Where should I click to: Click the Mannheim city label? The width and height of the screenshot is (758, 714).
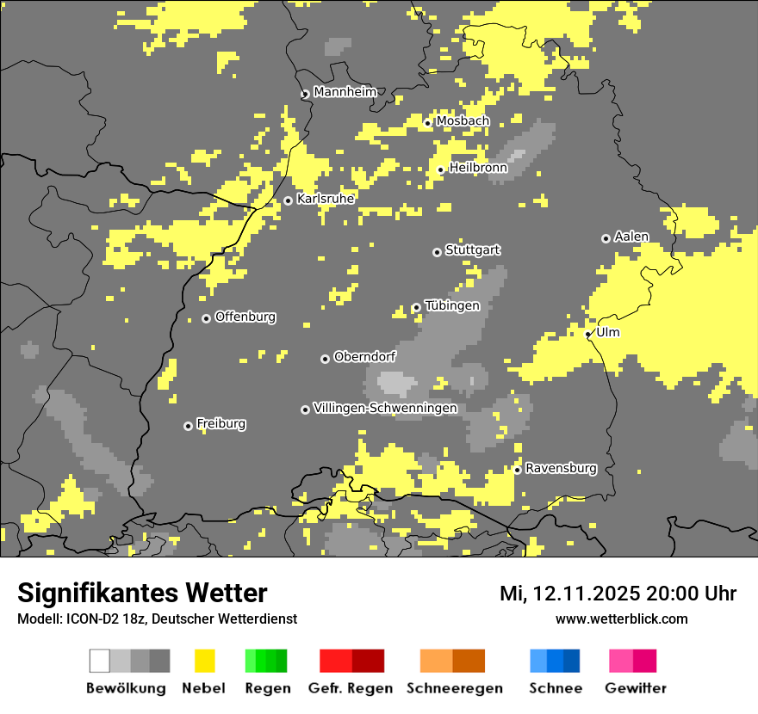[345, 92]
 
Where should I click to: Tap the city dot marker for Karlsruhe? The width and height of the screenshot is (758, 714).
[288, 200]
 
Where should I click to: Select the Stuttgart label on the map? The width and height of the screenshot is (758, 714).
[473, 250]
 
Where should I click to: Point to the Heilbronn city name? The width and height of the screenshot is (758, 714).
[478, 168]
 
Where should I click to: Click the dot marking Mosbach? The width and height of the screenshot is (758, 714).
[427, 123]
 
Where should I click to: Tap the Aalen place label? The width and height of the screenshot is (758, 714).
[631, 237]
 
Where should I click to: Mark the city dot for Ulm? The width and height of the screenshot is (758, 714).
[588, 334]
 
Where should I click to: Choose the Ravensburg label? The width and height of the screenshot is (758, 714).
[561, 469]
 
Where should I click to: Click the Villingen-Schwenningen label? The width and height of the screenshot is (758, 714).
[385, 408]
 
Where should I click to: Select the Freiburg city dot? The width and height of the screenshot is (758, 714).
[188, 426]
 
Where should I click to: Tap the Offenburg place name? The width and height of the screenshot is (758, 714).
[245, 317]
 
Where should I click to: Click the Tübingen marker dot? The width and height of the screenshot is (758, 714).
[416, 307]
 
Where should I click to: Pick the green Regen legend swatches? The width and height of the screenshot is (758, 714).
[266, 661]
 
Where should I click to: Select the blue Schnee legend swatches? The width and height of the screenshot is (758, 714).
[555, 661]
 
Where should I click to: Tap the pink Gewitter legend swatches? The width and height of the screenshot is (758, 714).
[632, 661]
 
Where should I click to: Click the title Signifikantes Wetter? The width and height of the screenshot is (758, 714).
[142, 593]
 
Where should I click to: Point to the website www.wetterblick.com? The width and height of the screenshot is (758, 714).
[621, 619]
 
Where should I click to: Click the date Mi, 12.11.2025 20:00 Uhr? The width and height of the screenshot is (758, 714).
[618, 594]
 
